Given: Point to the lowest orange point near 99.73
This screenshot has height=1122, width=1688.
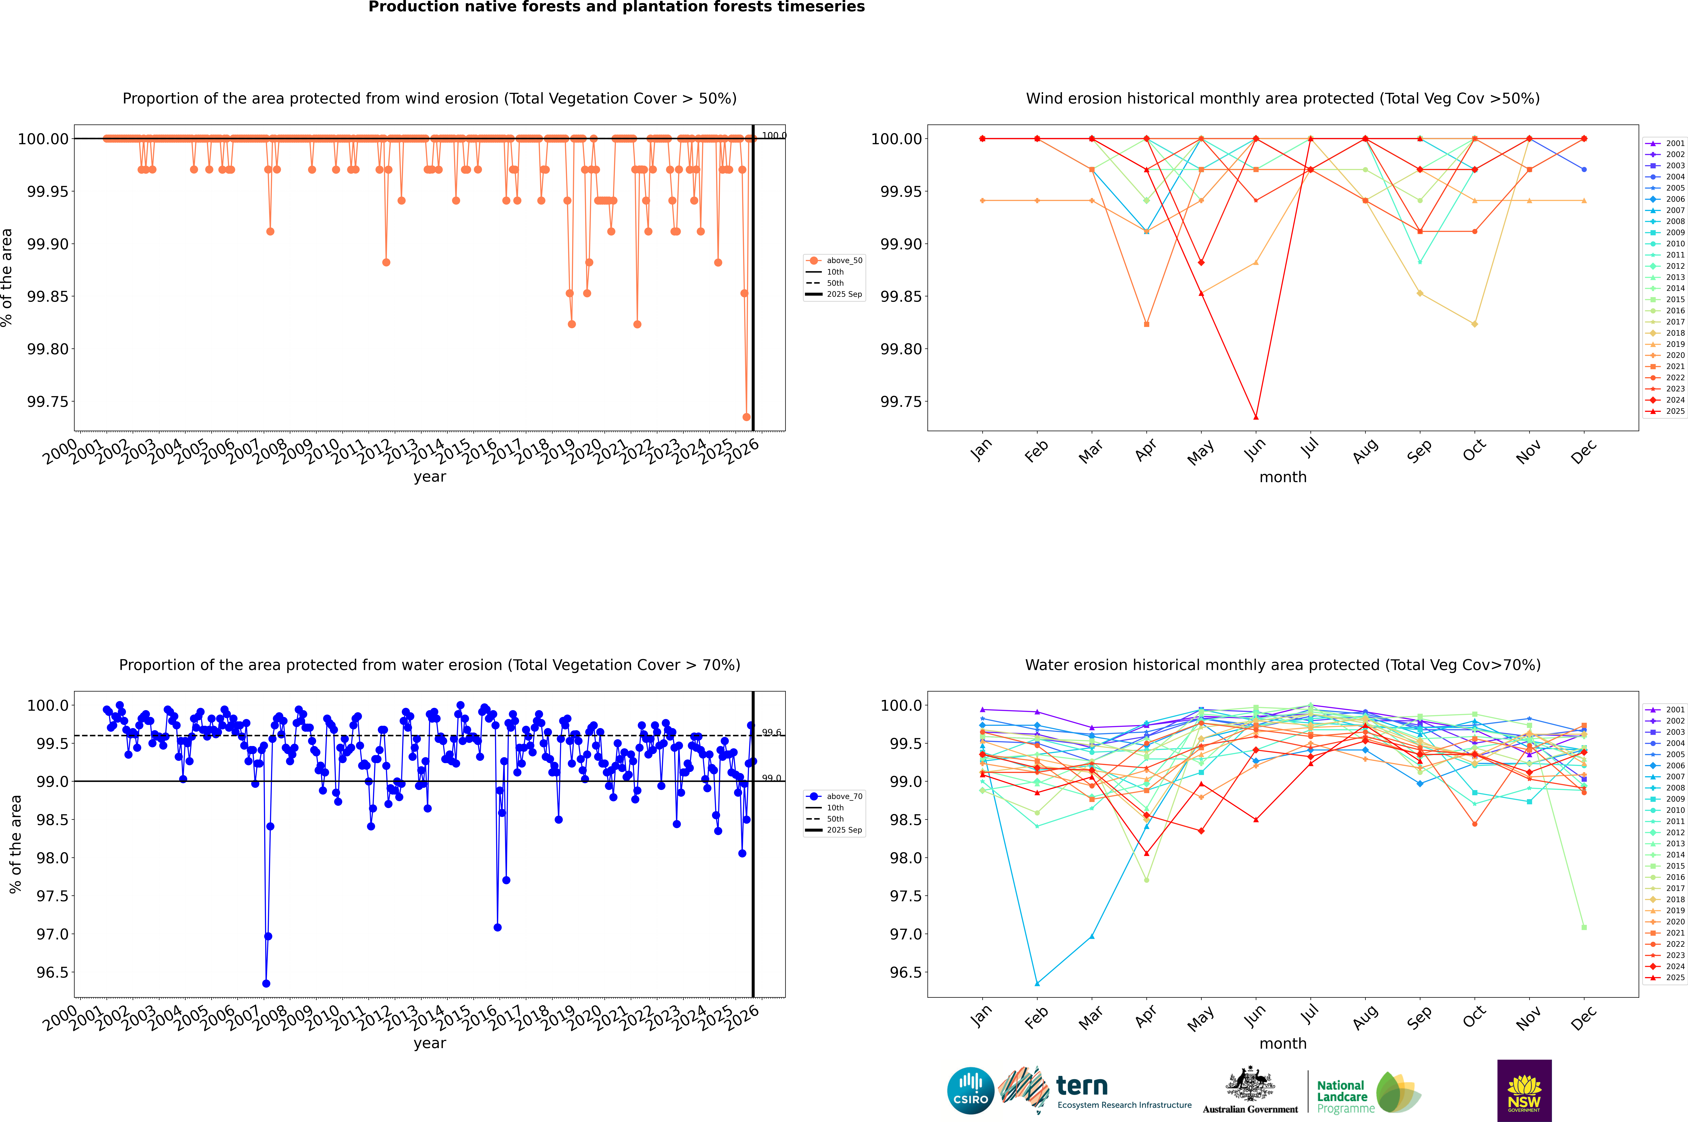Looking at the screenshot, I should point(746,417).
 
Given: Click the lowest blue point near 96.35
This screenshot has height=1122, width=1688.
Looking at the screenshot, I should point(266,984).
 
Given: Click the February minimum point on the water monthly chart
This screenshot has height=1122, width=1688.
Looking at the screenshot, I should point(1037,984).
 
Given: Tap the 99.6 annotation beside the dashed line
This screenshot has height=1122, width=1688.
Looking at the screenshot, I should point(771,733).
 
